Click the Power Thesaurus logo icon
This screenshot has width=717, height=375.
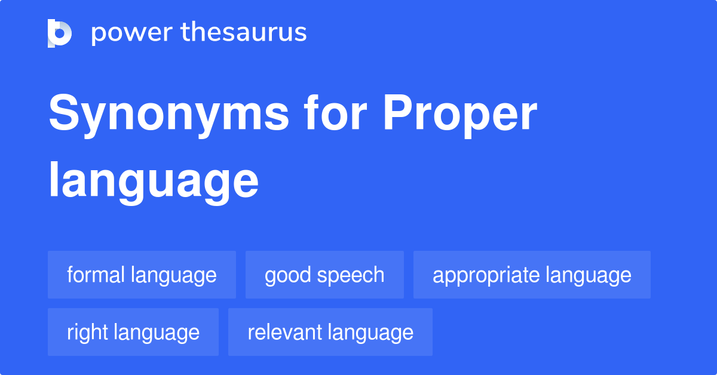tap(60, 33)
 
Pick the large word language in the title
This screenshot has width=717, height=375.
tap(154, 182)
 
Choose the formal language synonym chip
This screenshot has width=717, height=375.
tap(142, 275)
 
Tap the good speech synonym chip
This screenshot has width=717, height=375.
tap(324, 275)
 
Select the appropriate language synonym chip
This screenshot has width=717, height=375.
tap(532, 275)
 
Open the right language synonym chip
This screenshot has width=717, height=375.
tap(133, 333)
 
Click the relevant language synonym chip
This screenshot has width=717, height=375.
tap(330, 333)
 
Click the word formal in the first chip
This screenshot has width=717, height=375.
tap(96, 275)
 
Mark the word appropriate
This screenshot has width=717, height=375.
tap(478, 275)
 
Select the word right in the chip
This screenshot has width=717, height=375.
tap(87, 333)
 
